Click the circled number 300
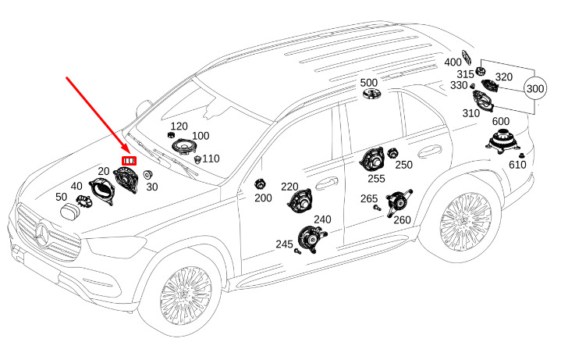coord(535,88)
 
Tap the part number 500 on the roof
coord(369,82)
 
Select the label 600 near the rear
coord(500,121)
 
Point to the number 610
coord(517,165)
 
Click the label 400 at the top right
coord(453,62)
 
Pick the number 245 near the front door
coord(284,244)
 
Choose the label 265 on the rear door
coord(368,199)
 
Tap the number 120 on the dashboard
coord(179,127)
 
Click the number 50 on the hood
coord(60,197)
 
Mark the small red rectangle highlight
coord(128,161)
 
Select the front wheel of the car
coord(185,297)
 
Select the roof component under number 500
coord(370,94)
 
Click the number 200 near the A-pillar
coord(263,198)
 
